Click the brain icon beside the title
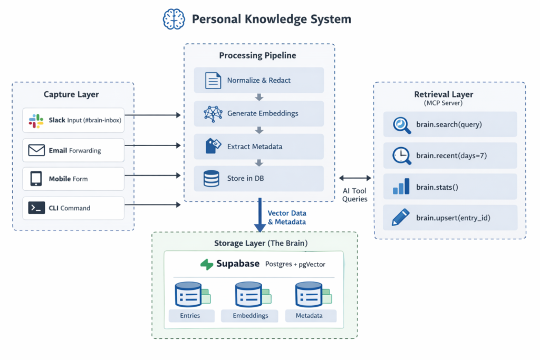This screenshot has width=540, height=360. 174,19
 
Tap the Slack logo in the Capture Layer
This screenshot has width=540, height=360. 36,121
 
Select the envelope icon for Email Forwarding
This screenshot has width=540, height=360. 36,151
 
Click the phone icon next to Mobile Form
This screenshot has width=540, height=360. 36,179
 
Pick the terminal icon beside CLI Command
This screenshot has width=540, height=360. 36,208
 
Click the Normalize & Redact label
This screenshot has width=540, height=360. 259,81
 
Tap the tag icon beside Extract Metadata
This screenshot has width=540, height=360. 213,147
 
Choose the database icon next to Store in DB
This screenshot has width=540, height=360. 211,179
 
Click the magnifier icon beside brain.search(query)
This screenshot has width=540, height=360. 402,124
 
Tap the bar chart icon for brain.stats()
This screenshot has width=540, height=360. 401,186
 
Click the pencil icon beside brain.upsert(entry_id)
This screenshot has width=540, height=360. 401,217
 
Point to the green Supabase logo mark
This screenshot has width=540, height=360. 207,264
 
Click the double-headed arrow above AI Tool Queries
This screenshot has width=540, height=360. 355,179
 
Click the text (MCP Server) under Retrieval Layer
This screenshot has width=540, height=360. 444,103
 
